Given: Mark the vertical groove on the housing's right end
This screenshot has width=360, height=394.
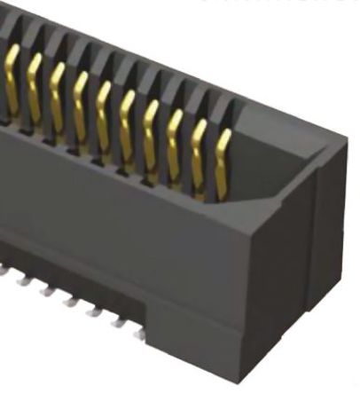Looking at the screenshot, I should tap(316, 257).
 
